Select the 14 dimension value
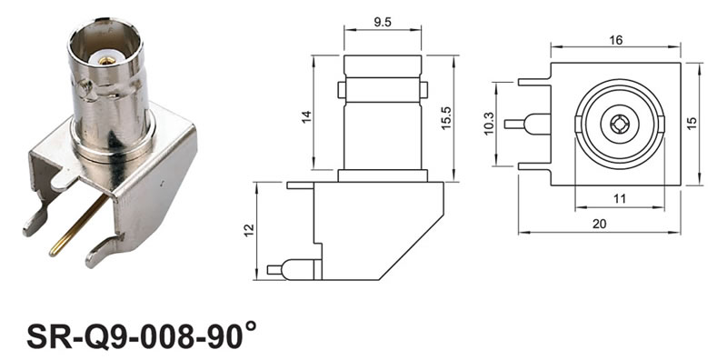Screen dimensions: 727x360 (x=306, y=117)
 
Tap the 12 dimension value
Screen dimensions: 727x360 (x=249, y=231)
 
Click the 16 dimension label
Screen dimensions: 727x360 (x=616, y=40)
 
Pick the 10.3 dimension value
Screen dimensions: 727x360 (x=489, y=125)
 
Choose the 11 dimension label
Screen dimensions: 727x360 (x=620, y=199)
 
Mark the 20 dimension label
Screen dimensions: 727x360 (x=599, y=224)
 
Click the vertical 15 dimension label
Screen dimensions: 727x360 (x=692, y=124)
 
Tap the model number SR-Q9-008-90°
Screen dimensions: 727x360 (x=141, y=335)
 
